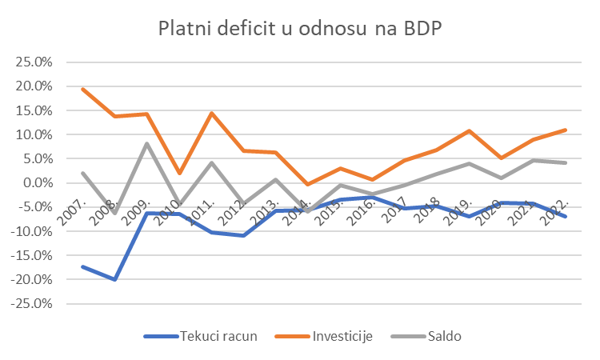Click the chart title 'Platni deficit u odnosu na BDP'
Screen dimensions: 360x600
coord(300,29)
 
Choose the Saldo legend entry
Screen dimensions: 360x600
coord(431,336)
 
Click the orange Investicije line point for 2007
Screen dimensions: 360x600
coord(83,89)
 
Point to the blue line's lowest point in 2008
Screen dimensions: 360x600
coord(115,279)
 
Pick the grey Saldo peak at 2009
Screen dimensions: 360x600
coord(147,144)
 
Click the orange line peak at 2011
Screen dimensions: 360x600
coord(212,113)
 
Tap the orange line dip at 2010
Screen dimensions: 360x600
coord(180,173)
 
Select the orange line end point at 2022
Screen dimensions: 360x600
coord(566,130)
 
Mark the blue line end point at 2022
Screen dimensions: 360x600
coord(566,216)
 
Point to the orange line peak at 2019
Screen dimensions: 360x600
coord(470,130)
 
